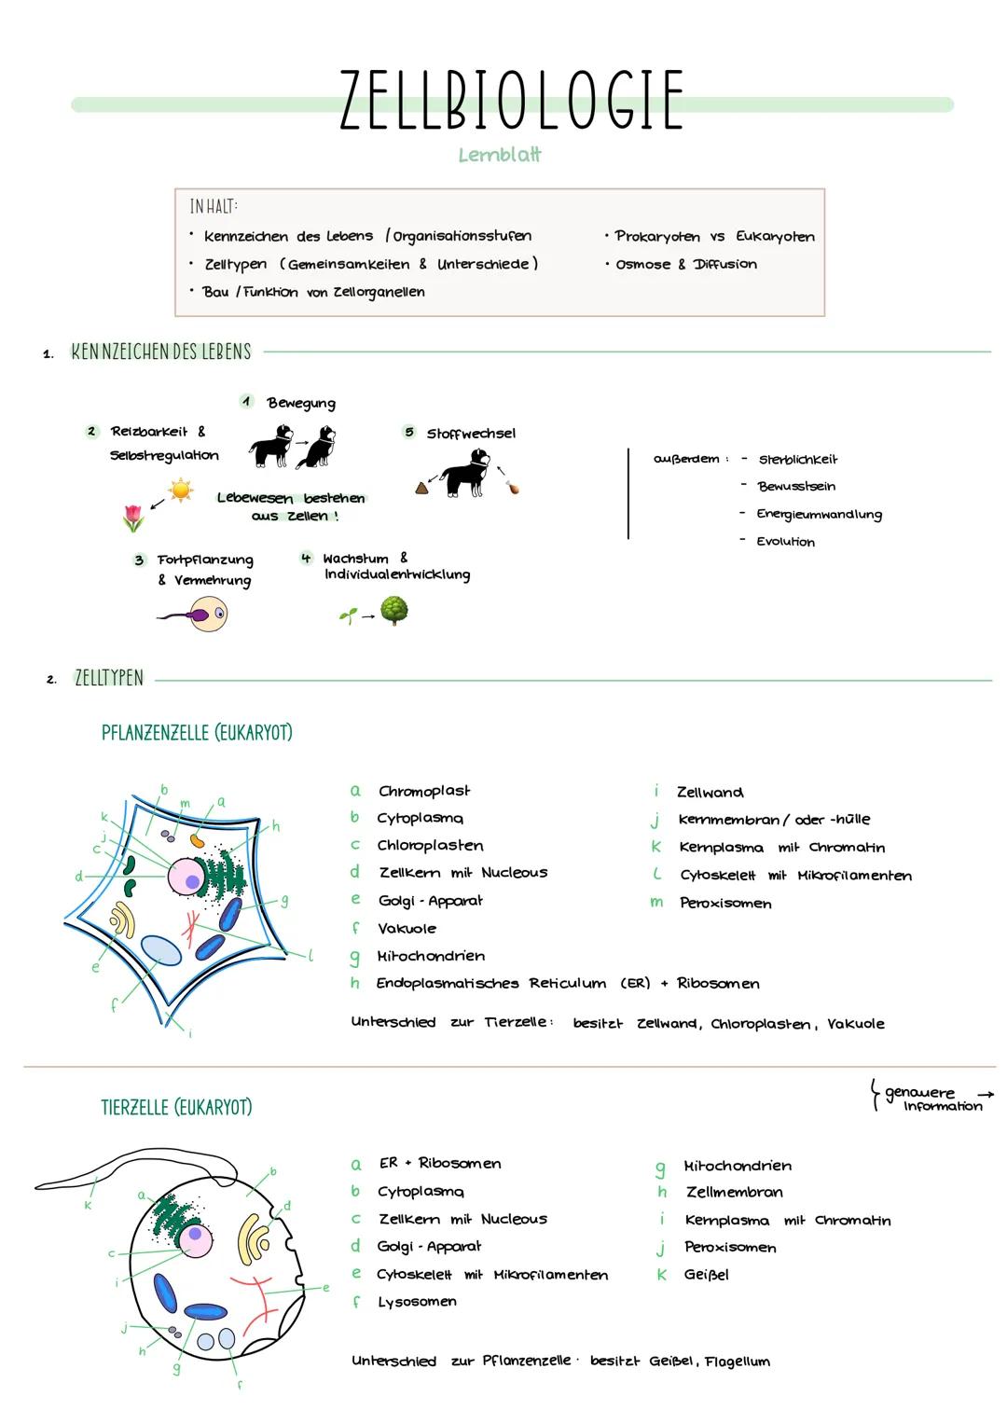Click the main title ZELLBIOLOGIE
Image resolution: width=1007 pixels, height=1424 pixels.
511,100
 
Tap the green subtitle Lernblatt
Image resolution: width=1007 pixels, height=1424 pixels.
500,155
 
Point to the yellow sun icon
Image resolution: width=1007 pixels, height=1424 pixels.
180,490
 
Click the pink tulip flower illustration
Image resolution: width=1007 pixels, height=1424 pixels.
133,518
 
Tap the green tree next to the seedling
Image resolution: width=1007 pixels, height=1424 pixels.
393,611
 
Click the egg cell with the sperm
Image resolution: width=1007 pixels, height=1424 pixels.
209,614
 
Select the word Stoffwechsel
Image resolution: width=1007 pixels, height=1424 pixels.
470,434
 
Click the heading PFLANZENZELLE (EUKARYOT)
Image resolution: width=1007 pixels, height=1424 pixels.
197,733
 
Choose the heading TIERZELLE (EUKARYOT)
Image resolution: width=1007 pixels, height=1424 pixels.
176,1107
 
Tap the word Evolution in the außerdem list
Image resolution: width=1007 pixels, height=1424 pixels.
785,542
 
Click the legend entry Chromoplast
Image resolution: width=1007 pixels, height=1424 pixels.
424,791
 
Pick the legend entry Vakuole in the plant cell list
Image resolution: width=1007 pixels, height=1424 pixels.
407,928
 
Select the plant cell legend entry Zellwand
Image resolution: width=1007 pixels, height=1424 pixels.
710,793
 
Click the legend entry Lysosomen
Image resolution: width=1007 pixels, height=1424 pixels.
417,1302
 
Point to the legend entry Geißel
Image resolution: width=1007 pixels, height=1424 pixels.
706,1275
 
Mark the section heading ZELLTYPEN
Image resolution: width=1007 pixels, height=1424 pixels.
109,679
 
